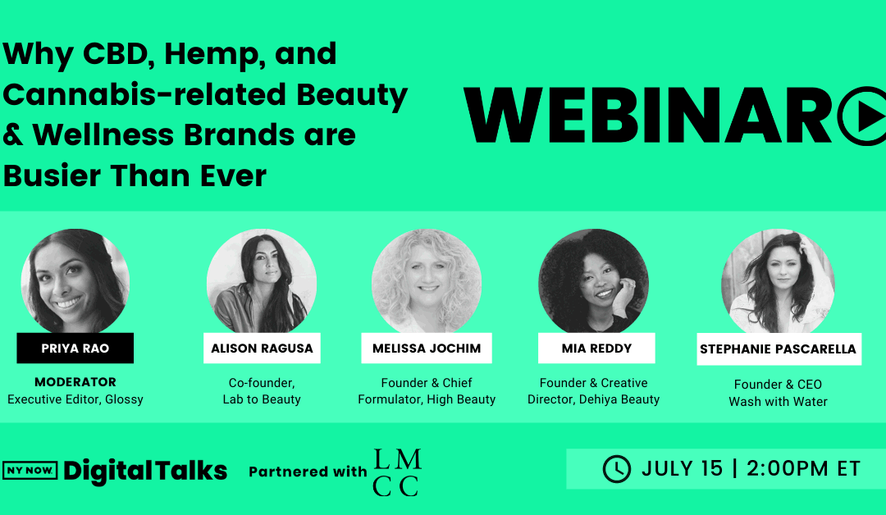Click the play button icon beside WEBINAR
click(x=862, y=116)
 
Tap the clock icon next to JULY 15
click(x=616, y=469)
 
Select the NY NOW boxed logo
click(x=30, y=471)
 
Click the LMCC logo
click(x=397, y=472)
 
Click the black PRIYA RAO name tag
click(x=75, y=348)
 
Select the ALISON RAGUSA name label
click(x=262, y=348)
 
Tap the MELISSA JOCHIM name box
click(x=427, y=348)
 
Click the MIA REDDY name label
click(x=596, y=348)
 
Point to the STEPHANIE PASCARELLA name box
click(x=779, y=349)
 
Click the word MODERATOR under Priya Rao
click(x=75, y=382)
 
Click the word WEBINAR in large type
click(x=647, y=116)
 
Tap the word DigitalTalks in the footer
click(x=145, y=472)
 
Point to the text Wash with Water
click(x=778, y=402)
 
